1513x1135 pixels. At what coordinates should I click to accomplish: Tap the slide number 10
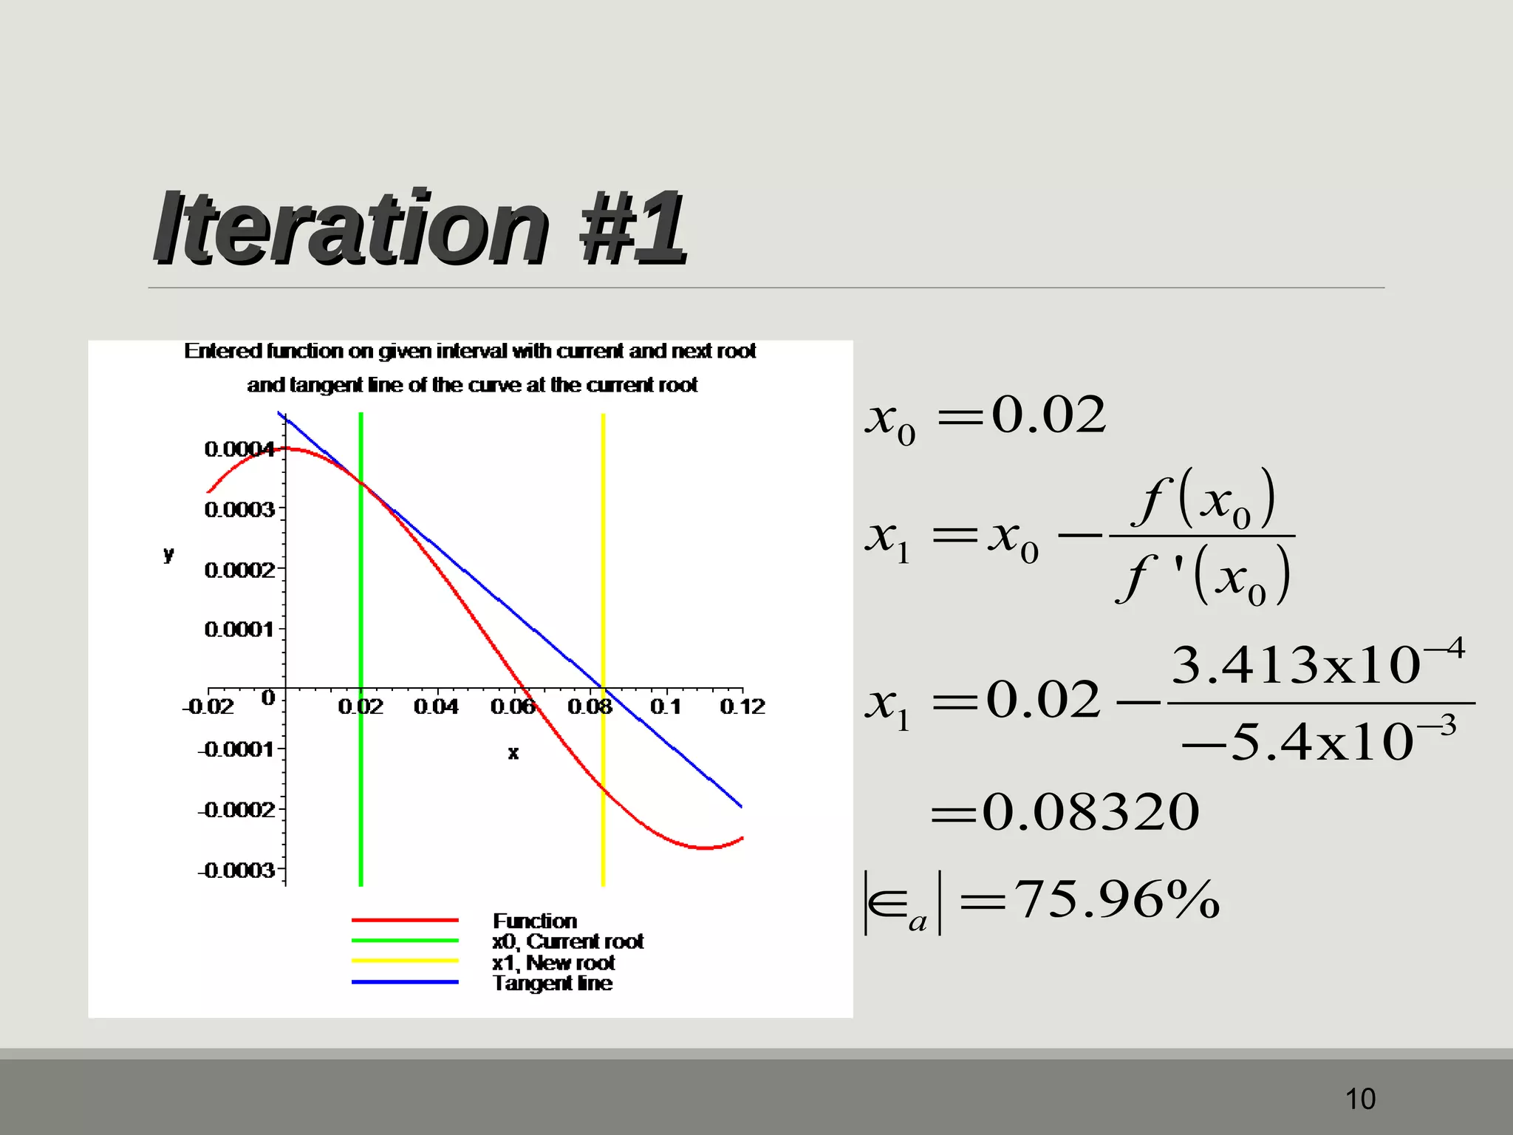pyautogui.click(x=1360, y=1099)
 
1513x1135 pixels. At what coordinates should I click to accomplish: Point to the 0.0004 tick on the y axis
pyautogui.click(x=239, y=449)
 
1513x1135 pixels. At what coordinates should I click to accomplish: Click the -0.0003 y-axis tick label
pyautogui.click(x=236, y=870)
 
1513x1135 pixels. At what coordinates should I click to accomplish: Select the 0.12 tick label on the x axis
pyautogui.click(x=742, y=707)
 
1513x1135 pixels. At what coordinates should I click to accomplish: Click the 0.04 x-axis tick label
pyautogui.click(x=436, y=707)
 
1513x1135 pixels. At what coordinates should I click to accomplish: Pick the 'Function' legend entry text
pyautogui.click(x=535, y=921)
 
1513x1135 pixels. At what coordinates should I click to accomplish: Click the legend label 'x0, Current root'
pyautogui.click(x=568, y=941)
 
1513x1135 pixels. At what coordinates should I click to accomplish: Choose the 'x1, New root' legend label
pyautogui.click(x=553, y=963)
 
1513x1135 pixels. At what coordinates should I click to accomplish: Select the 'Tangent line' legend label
pyautogui.click(x=553, y=984)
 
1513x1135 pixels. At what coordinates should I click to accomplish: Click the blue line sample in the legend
pyautogui.click(x=405, y=982)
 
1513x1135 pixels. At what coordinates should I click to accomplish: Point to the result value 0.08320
pyautogui.click(x=1090, y=812)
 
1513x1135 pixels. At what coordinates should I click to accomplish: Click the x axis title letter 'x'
pyautogui.click(x=513, y=753)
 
